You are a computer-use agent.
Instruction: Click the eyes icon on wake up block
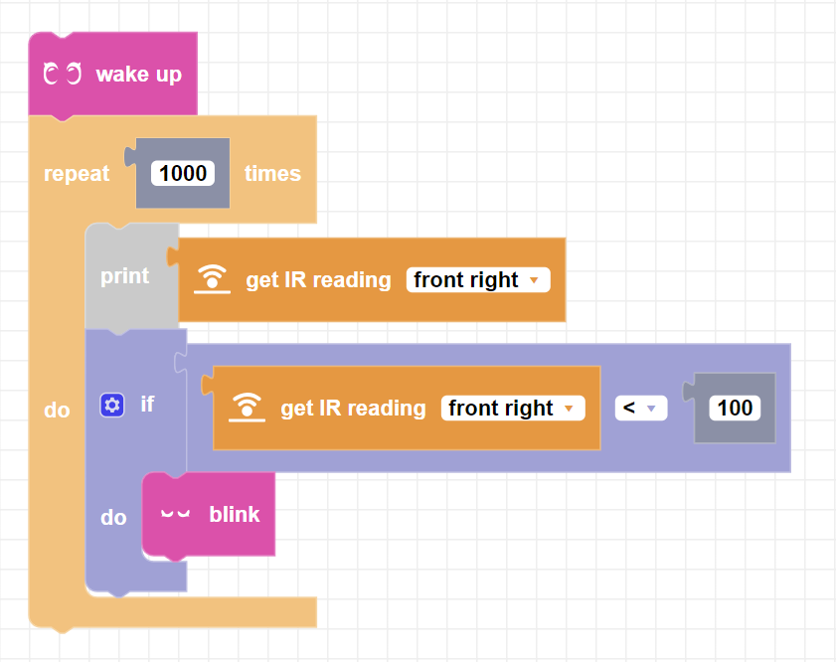(x=62, y=75)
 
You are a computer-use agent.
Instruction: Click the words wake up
(x=138, y=75)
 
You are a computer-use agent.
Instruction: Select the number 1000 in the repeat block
(x=183, y=174)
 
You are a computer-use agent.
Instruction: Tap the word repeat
(x=77, y=174)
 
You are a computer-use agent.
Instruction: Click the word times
(x=272, y=174)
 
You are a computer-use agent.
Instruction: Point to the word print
(x=124, y=276)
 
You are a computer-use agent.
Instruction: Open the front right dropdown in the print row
(x=477, y=280)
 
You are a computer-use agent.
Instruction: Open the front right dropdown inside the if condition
(x=512, y=409)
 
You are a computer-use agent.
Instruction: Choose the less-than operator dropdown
(x=640, y=409)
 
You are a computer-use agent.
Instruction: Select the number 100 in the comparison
(x=735, y=408)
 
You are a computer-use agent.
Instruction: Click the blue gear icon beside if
(x=112, y=405)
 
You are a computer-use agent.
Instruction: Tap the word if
(x=147, y=405)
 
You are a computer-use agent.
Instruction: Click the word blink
(x=235, y=515)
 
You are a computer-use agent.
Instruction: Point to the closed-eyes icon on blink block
(x=175, y=515)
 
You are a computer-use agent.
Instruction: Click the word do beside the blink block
(x=113, y=518)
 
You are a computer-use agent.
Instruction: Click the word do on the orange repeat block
(x=57, y=410)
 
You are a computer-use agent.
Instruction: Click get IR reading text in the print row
(x=318, y=280)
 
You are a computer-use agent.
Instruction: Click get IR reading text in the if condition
(x=353, y=409)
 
